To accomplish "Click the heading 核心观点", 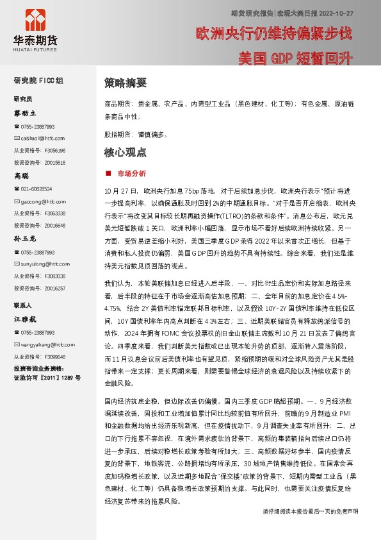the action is coord(125,153).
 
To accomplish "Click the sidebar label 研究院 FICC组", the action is coord(38,81).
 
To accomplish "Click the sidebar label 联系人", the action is coord(23,305).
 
